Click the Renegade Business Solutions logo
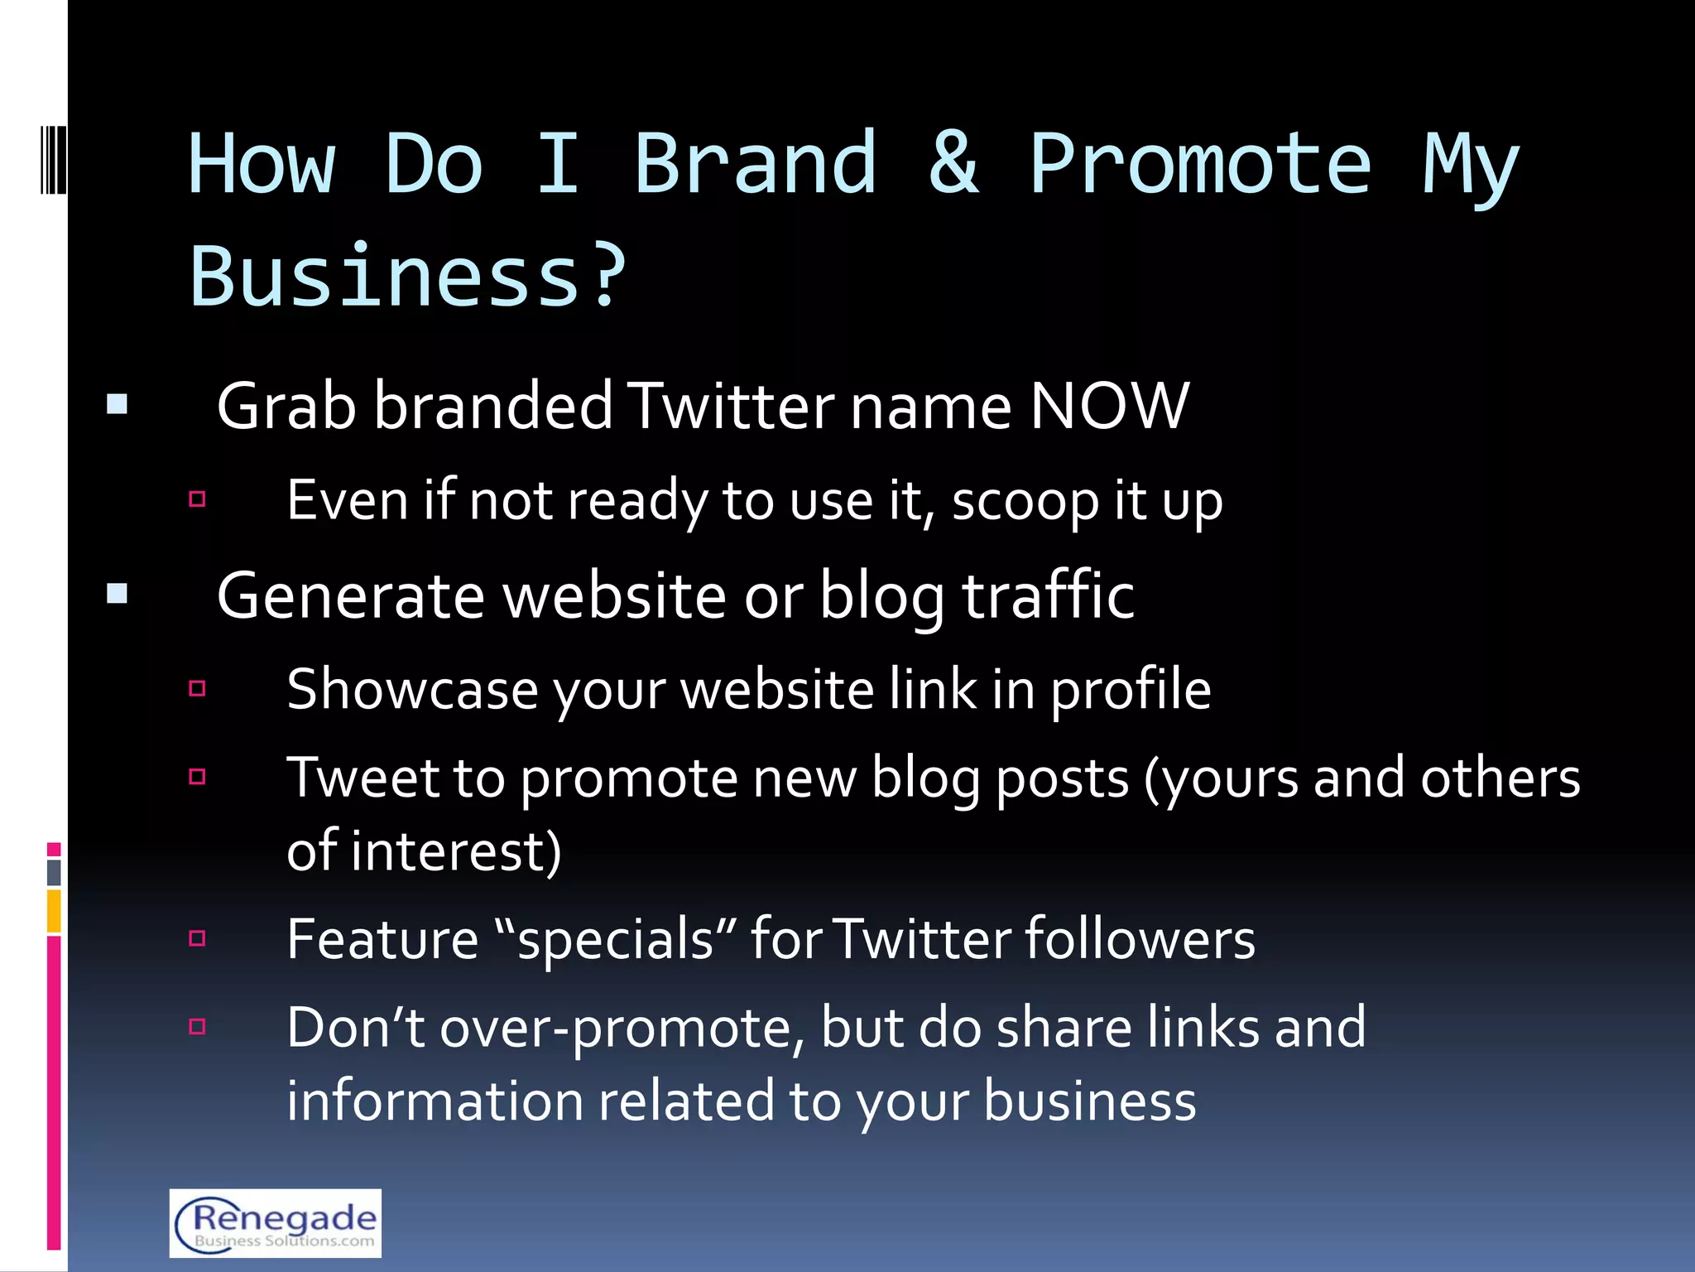tap(276, 1222)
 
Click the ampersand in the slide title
tap(953, 163)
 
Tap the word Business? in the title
tap(408, 277)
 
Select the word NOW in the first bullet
tap(1109, 406)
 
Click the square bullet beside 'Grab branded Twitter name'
tap(118, 404)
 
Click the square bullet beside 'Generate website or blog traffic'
tap(118, 594)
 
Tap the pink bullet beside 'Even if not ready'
tap(197, 499)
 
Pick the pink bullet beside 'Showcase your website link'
tap(197, 688)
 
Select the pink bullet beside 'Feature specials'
tap(197, 938)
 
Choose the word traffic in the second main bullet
tap(1048, 595)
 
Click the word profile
tap(1131, 691)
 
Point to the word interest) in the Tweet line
tap(455, 851)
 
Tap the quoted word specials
tap(614, 940)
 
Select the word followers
tap(1140, 939)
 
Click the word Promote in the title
tap(1200, 163)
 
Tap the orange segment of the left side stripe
tap(54, 910)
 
